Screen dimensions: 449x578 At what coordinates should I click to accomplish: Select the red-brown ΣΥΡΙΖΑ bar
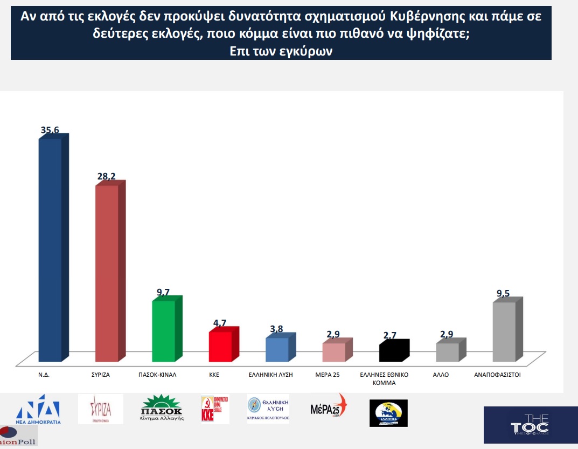pyautogui.click(x=107, y=273)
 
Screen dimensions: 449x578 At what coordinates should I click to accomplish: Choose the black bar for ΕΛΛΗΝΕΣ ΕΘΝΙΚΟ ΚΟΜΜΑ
pyautogui.click(x=391, y=351)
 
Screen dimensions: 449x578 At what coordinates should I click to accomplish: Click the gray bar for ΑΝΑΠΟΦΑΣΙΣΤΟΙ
pyautogui.click(x=504, y=331)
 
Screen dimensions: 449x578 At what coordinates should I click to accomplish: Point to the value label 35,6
pyautogui.click(x=50, y=130)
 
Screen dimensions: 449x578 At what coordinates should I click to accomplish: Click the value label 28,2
pyautogui.click(x=106, y=176)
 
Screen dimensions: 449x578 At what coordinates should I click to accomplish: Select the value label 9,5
pyautogui.click(x=504, y=294)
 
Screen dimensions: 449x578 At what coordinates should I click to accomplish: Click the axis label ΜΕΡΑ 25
pyautogui.click(x=328, y=374)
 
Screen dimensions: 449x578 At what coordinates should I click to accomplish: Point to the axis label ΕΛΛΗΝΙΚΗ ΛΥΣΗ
pyautogui.click(x=270, y=374)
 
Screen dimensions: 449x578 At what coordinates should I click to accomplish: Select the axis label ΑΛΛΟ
pyautogui.click(x=441, y=374)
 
